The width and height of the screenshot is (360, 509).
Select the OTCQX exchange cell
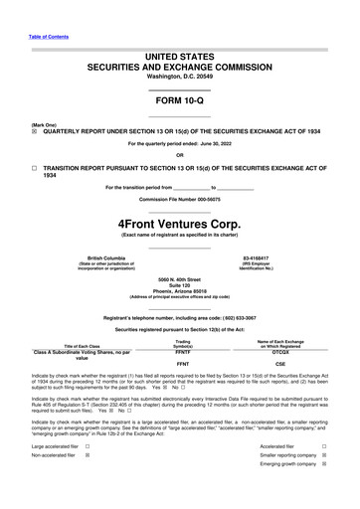[x=280, y=352]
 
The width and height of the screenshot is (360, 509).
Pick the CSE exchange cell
[x=280, y=364]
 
